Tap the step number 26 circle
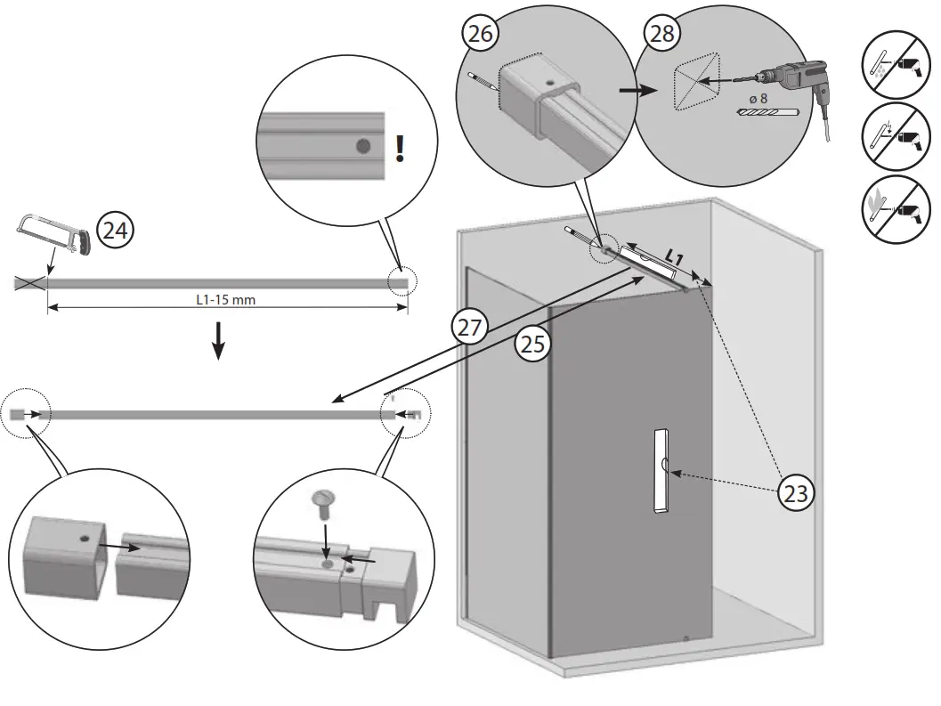(x=480, y=34)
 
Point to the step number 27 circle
(x=469, y=326)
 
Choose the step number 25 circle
(x=531, y=345)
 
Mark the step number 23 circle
(x=796, y=491)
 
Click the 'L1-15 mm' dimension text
(x=226, y=300)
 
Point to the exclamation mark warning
(x=400, y=148)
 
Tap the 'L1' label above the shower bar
(x=674, y=256)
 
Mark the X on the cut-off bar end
(x=29, y=283)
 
